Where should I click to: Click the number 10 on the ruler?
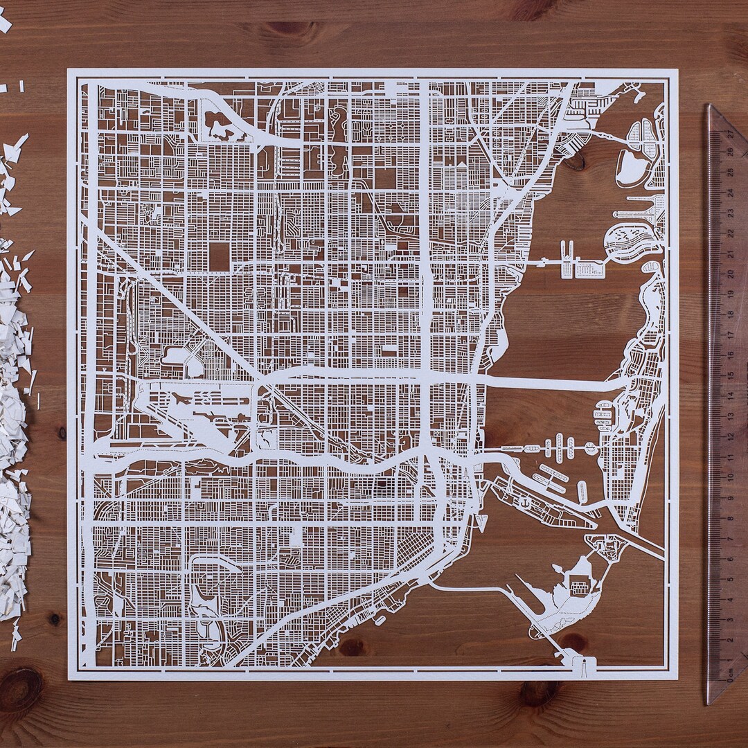point(729,476)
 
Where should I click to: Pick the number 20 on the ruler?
point(729,272)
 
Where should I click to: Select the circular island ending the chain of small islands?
point(590,448)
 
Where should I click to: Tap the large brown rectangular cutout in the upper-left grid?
point(219,257)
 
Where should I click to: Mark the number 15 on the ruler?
point(729,374)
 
